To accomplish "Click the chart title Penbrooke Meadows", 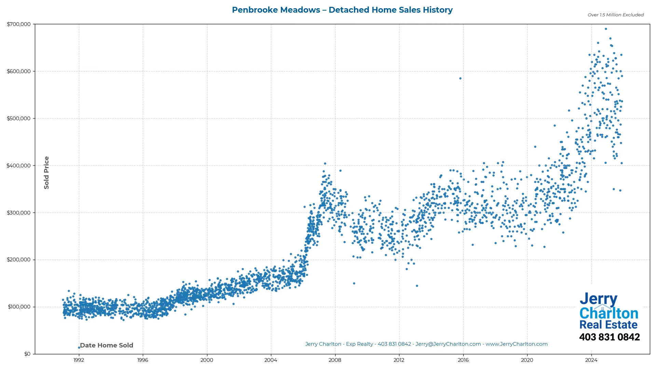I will coord(342,10).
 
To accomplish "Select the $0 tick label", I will coord(27,354).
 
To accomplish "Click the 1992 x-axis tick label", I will coord(79,360).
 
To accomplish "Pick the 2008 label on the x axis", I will coord(335,360).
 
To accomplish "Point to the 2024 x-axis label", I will coord(591,360).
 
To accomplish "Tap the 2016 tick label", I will coord(463,360).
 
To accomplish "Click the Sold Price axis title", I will coord(46,173).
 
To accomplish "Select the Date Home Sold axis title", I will coord(107,345).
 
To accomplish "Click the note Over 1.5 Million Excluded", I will coord(615,15).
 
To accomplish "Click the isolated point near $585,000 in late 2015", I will coord(460,79).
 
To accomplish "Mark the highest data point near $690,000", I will coord(606,29).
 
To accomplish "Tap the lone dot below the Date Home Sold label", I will coord(79,348).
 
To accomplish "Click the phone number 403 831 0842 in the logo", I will coord(609,337).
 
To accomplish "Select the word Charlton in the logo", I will coord(609,313).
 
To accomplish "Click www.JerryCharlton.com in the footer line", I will coord(517,344).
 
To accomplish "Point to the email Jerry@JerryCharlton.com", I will coord(448,344).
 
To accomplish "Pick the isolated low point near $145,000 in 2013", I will coord(417,286).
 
